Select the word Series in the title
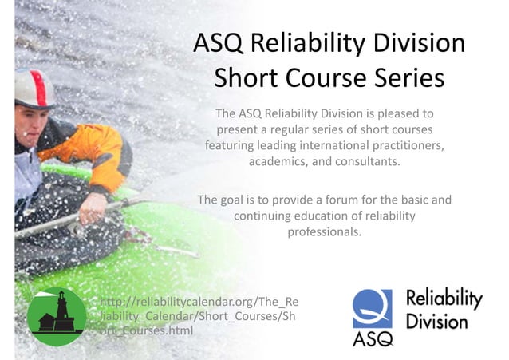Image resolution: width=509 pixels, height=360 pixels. [405, 78]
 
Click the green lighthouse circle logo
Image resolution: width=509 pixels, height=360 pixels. [57, 316]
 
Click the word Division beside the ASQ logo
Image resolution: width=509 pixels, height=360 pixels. [437, 322]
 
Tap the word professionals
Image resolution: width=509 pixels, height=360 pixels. [325, 231]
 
